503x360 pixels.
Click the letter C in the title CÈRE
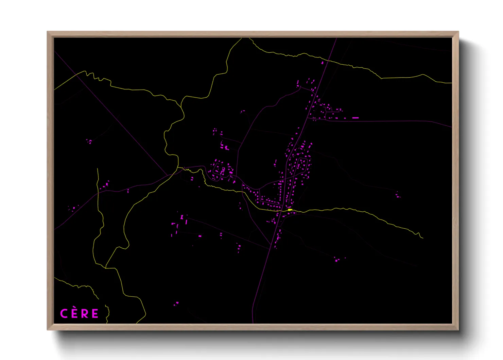coord(64,313)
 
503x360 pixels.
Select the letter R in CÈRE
coord(85,313)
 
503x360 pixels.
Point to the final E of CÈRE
coord(95,313)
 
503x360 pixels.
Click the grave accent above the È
coord(74,308)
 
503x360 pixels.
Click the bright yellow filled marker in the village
coord(290,210)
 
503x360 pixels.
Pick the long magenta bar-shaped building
coord(355,118)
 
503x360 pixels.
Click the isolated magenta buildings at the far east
coord(398,195)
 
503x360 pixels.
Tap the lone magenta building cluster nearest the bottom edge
coord(176,303)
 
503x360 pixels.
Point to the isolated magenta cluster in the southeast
coord(337,260)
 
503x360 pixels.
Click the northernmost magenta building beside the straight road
coord(323,63)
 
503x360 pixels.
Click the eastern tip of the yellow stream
coord(423,238)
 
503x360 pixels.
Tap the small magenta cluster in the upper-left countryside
coord(89,141)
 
